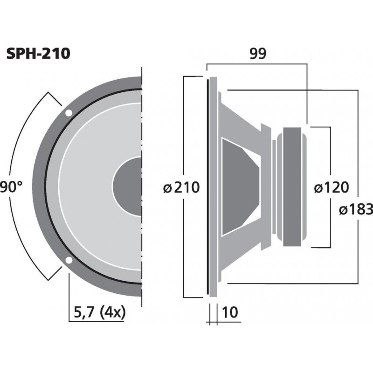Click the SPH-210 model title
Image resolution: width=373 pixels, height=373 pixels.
[38, 54]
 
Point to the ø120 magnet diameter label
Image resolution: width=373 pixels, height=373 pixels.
[331, 188]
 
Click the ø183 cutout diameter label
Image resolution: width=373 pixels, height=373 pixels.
[356, 210]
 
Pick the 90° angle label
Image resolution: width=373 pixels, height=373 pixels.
[11, 188]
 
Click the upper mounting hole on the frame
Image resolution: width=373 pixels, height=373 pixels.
[69, 113]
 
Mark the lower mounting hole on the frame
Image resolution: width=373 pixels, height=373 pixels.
[69, 260]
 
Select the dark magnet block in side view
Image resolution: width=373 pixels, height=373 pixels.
[293, 186]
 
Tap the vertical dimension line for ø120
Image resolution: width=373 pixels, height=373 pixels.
[330, 154]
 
